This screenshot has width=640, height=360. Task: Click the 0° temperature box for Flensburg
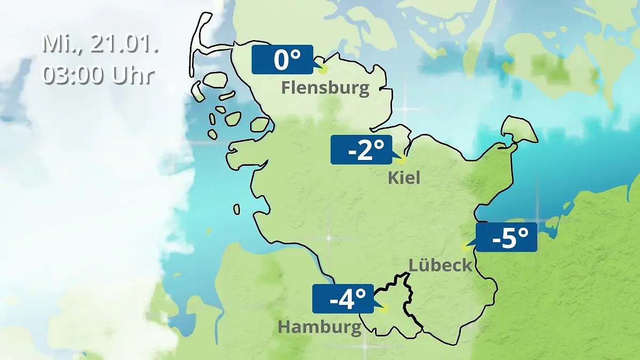[282, 60]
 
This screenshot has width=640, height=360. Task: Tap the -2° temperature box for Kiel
[361, 150]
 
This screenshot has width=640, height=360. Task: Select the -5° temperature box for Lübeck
[506, 237]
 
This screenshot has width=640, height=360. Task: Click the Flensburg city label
[325, 87]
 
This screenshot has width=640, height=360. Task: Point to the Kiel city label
[404, 177]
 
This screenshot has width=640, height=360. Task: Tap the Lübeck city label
[441, 265]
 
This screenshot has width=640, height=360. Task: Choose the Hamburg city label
[319, 327]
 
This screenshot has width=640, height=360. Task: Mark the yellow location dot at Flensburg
[323, 69]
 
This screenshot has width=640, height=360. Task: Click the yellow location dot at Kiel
[403, 159]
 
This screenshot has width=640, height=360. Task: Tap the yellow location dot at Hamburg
[385, 308]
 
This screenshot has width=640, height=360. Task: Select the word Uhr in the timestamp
[133, 75]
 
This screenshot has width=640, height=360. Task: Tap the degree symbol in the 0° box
[297, 53]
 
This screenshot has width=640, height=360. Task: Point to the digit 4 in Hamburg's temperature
[348, 300]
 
